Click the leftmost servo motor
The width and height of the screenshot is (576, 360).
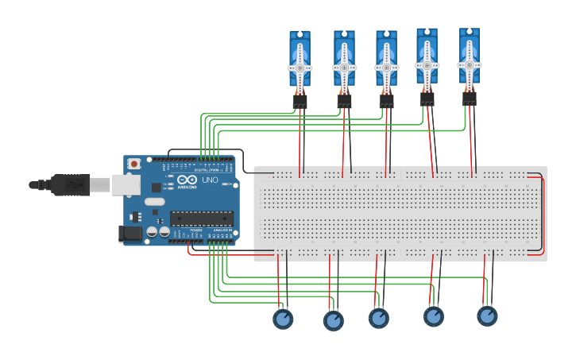300,64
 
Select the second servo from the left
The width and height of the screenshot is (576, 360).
344,64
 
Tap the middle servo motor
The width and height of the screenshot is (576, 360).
386,64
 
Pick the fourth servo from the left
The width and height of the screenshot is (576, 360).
427,62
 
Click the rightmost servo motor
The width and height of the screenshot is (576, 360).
469,61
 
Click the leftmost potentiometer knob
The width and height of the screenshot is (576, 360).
283,319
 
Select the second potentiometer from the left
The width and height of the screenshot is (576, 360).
334,320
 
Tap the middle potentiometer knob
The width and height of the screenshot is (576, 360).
379,318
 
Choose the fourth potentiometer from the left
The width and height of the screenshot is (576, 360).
434,316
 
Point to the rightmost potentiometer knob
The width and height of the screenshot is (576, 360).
487,315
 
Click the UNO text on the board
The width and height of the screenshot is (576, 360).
210,180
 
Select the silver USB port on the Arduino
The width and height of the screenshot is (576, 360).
125,184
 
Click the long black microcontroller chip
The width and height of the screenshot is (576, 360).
201,218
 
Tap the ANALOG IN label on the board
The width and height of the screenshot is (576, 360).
222,230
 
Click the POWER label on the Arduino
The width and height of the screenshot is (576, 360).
196,230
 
